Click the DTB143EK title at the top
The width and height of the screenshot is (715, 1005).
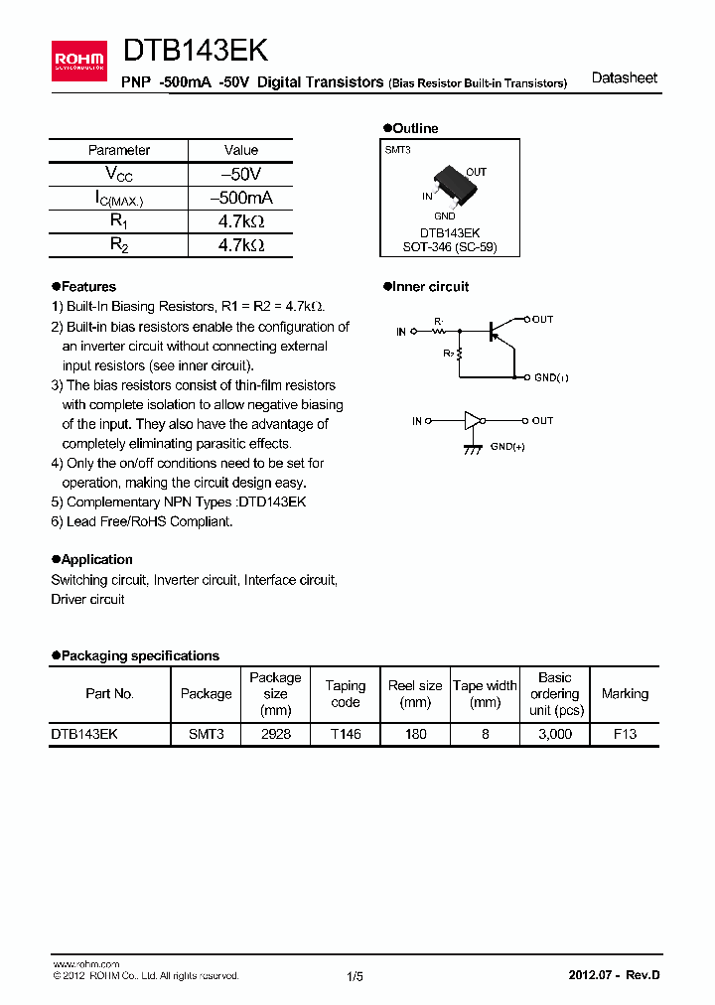click(x=195, y=52)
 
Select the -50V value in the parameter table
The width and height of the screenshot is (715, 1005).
click(x=240, y=174)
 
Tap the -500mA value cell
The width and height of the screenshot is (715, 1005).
click(x=240, y=198)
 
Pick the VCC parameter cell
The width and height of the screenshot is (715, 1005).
click(x=118, y=174)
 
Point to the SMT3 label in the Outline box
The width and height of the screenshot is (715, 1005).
click(x=397, y=149)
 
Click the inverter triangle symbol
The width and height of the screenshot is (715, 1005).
click(x=472, y=421)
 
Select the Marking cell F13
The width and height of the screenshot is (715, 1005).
click(x=625, y=734)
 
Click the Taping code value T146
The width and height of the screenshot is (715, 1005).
click(x=346, y=734)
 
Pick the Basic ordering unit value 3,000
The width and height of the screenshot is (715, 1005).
click(x=554, y=734)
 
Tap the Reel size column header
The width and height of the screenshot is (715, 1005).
click(x=415, y=693)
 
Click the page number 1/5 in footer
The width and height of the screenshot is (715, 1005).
click(x=355, y=976)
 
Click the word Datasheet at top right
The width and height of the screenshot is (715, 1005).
click(x=624, y=77)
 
